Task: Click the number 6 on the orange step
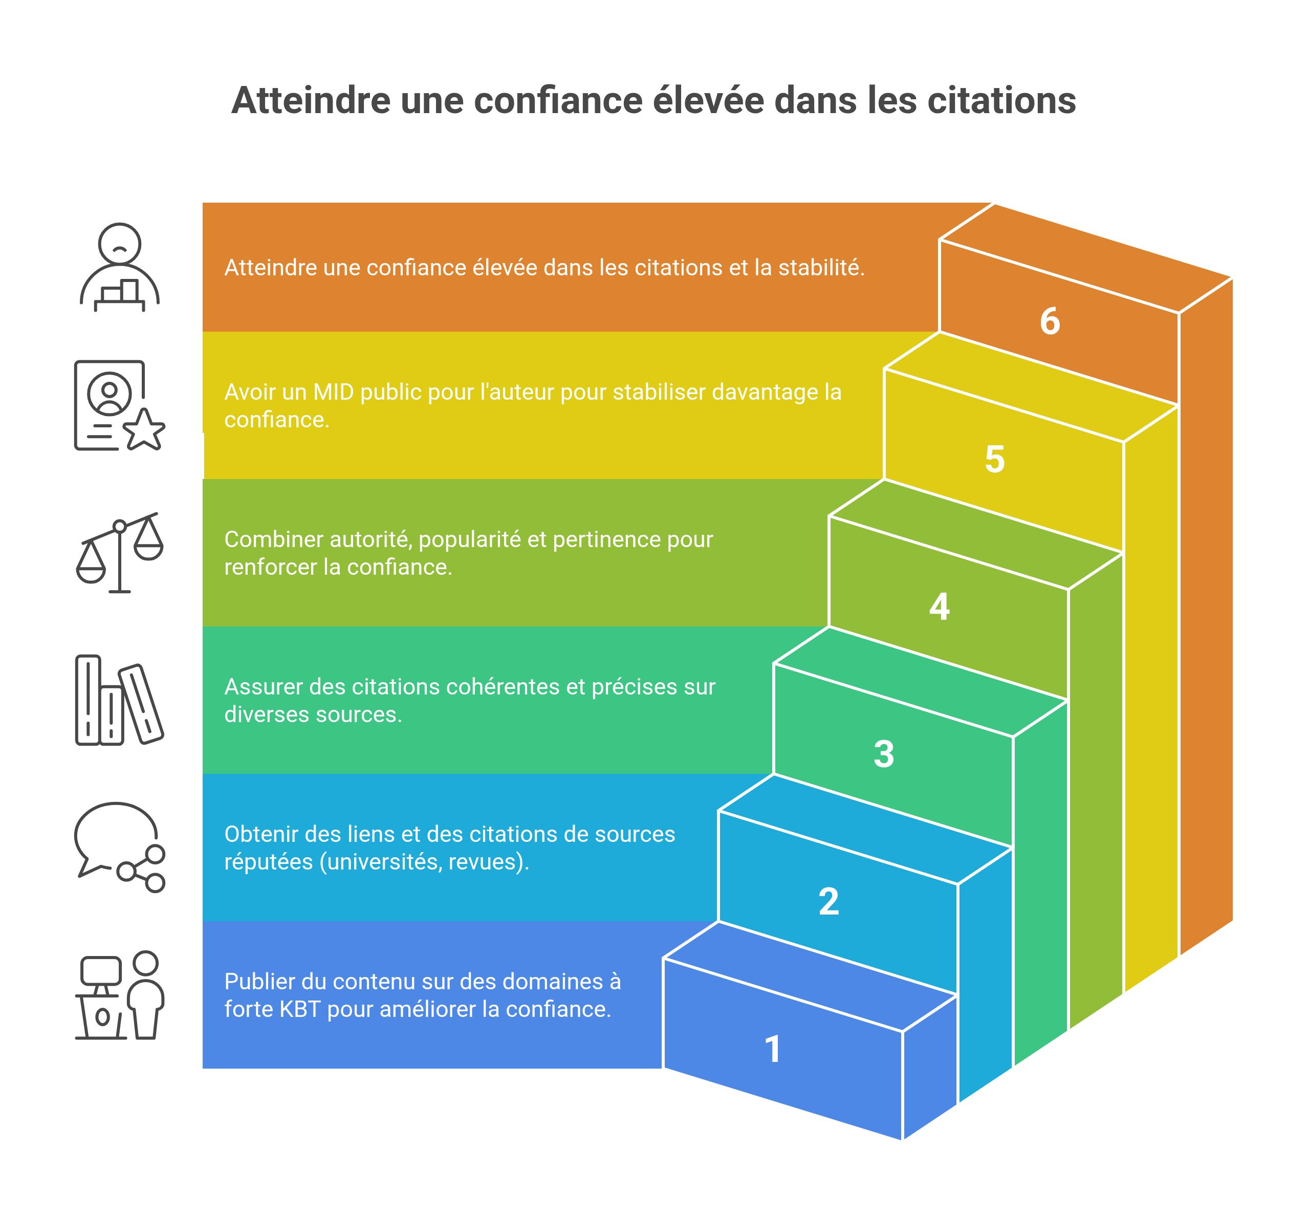1050,322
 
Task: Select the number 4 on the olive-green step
939,606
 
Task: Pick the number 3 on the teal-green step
884,754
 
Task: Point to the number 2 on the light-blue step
829,901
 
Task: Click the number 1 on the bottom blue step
773,1049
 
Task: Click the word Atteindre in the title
309,101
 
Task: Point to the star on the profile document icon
145,430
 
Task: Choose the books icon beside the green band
118,700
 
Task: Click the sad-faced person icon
119,267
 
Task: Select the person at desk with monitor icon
119,995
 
